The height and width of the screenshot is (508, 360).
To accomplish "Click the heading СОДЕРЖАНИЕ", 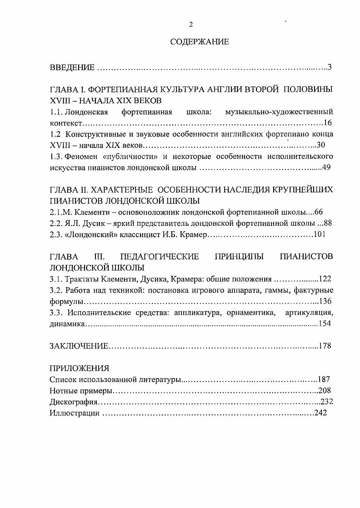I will coord(200,42).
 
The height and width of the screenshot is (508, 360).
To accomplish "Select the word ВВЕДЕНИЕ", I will coord(72,68).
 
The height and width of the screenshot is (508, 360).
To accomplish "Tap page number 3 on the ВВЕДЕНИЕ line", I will coord(330,68).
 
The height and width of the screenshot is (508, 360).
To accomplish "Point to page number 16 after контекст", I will coord(328,123).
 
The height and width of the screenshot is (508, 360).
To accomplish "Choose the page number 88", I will coord(327,223).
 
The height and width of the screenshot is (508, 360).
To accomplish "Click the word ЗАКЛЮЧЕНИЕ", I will coord(79,346).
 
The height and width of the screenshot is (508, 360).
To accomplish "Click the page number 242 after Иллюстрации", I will coord(320,413).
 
